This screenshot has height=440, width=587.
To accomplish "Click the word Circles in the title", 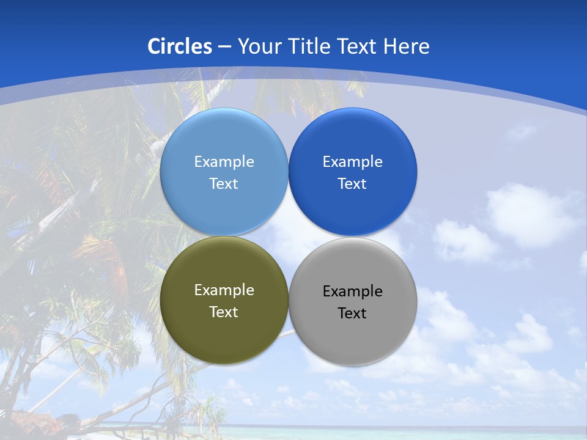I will coord(180,46).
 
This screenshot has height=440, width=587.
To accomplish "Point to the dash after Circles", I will coord(224,47).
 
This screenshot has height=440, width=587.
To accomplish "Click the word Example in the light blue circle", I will coord(224,162).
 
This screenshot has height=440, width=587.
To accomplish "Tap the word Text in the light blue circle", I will coord(224,184).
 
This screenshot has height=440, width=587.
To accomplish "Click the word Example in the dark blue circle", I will coord(353,162).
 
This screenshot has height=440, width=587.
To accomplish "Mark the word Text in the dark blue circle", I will coord(353,184).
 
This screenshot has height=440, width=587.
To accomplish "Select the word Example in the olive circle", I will coord(224,290).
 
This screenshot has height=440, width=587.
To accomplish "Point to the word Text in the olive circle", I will coord(224,312).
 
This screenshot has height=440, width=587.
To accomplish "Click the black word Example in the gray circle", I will coord(353,291).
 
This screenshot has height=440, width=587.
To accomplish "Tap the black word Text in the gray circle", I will coord(353,313).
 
